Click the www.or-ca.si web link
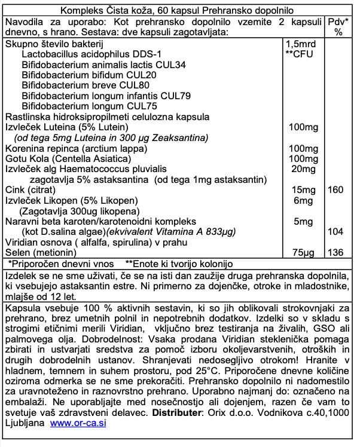[79, 422]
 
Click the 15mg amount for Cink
[302, 189]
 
